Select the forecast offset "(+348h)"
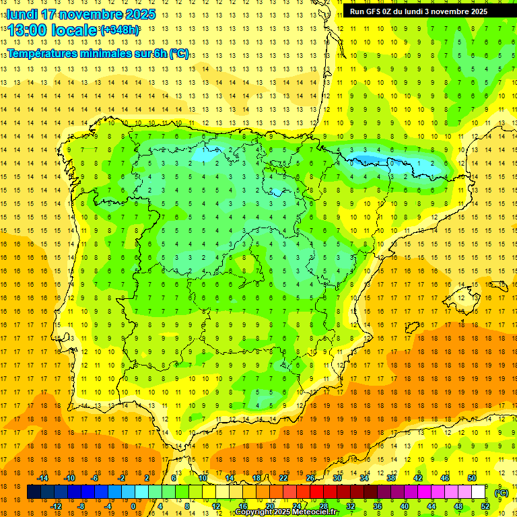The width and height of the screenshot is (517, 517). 120,30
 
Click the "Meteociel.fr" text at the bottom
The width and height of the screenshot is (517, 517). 315,512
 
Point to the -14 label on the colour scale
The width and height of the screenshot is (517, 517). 44,478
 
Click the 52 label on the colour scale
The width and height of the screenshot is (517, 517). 485,506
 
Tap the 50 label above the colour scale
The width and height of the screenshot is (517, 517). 472,478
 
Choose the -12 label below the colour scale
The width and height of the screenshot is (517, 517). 57,506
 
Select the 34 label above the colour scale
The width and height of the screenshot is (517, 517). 364,478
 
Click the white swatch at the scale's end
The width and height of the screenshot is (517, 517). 479,492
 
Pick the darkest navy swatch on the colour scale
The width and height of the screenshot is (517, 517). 34,492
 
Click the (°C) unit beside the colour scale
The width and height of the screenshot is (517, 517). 501,492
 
